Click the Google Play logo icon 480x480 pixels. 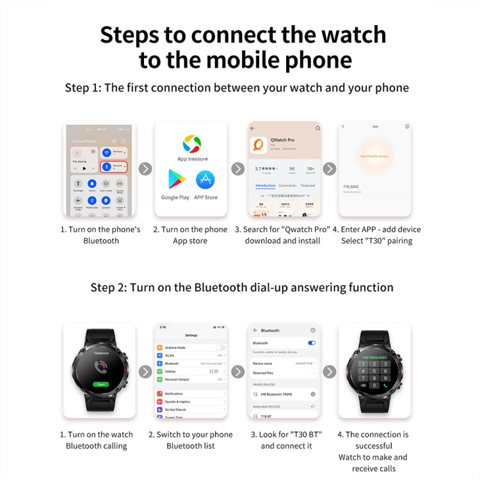(176, 180)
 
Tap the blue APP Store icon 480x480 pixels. (205, 180)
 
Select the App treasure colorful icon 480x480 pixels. (192, 143)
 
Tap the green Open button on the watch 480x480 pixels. (100, 384)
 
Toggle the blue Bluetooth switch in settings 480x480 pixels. (312, 343)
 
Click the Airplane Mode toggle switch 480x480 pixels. (220, 347)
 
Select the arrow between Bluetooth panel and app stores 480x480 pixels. (145, 169)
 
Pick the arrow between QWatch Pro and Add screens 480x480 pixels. (330, 169)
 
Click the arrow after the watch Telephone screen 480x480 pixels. (145, 371)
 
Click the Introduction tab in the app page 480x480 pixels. (265, 186)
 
